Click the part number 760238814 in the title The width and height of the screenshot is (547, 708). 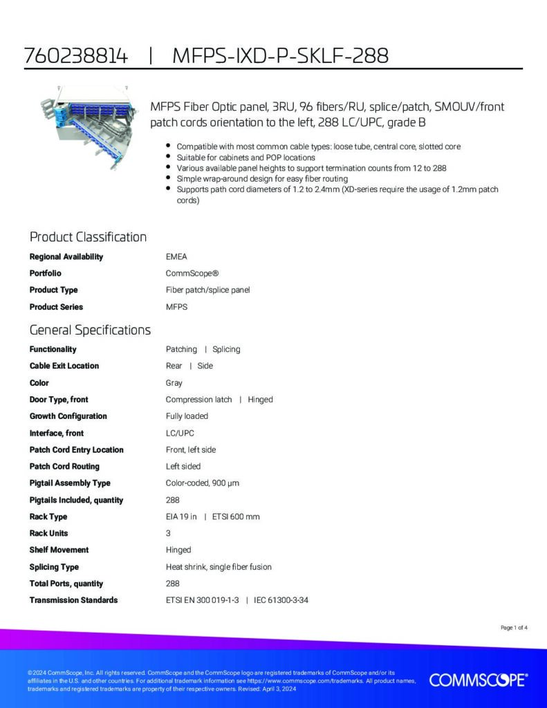tap(76, 56)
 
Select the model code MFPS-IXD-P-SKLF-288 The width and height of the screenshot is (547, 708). tap(279, 56)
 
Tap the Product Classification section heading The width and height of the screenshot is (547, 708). tap(88, 237)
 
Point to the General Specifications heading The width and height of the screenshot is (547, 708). tap(90, 330)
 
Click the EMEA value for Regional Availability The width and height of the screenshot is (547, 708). tap(176, 257)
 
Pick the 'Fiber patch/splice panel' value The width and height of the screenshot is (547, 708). tap(207, 290)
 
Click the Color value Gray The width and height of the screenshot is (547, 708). tap(174, 382)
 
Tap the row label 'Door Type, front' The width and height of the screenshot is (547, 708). tap(59, 399)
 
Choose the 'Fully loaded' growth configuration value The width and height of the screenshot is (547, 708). tap(187, 416)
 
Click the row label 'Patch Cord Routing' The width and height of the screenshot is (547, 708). tap(64, 466)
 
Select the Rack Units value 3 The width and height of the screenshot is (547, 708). tap(168, 533)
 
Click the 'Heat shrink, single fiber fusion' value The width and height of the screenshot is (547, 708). tap(219, 567)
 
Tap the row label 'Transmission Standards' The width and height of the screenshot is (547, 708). tap(73, 600)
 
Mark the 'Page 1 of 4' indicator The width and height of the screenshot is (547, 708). tap(514, 628)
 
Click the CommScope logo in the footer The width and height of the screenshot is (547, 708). tap(478, 680)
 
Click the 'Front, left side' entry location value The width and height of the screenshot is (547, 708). tap(191, 449)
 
